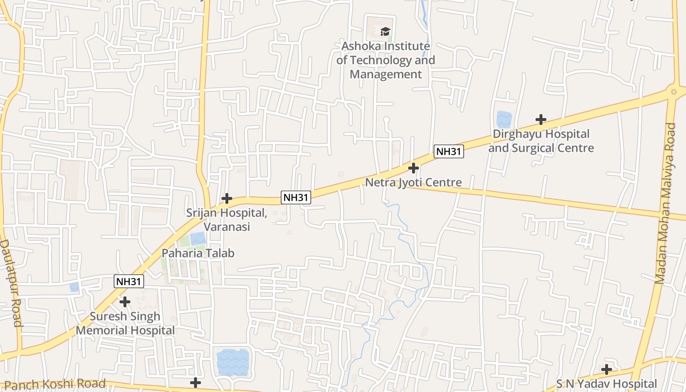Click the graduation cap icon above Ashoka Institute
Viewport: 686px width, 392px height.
386,32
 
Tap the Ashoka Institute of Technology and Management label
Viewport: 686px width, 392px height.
386,60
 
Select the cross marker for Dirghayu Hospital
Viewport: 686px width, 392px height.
540,120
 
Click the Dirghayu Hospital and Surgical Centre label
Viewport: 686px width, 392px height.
541,141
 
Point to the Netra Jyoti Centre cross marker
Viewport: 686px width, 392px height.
414,168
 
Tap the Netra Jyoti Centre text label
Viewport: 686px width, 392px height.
414,183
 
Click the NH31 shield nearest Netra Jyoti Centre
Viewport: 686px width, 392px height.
449,151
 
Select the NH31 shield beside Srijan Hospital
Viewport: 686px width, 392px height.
296,197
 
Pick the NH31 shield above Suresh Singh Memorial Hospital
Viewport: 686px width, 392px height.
129,281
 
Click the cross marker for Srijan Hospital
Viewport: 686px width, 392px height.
226,198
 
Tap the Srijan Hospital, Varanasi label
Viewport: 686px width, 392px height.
226,220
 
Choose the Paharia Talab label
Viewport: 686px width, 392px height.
198,253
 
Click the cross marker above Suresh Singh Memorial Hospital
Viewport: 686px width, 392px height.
125,302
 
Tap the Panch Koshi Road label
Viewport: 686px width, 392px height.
54,384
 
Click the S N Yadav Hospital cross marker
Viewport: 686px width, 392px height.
607,369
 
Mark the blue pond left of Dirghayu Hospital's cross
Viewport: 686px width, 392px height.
504,119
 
